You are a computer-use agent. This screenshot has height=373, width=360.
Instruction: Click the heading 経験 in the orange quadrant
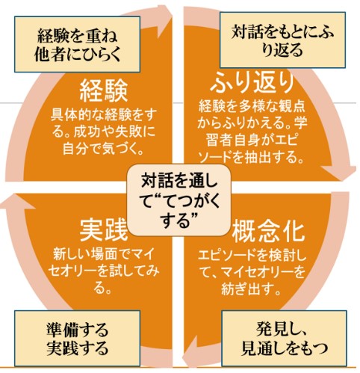104,90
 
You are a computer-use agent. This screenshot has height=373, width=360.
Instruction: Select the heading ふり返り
252,82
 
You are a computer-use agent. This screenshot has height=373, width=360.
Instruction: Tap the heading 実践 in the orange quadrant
104,230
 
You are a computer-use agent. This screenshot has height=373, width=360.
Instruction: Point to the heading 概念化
268,232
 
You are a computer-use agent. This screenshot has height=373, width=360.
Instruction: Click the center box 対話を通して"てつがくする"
179,200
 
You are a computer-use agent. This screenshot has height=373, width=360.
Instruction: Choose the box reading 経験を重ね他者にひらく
77,44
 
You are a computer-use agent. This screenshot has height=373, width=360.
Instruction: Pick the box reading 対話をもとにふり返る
282,40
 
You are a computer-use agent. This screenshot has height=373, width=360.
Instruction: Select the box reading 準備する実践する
77,338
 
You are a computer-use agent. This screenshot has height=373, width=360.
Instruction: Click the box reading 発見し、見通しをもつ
284,338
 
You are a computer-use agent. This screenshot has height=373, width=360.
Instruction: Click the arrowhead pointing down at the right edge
339,173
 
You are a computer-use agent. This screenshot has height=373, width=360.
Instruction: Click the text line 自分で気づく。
104,149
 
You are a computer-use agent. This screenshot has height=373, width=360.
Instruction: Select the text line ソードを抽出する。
252,157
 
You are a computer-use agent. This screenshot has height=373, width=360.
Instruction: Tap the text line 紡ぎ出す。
252,289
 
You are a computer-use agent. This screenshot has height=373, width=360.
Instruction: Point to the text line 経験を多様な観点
252,107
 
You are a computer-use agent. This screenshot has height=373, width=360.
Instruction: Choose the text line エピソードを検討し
252,256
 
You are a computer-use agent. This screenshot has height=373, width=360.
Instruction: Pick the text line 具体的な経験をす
104,114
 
